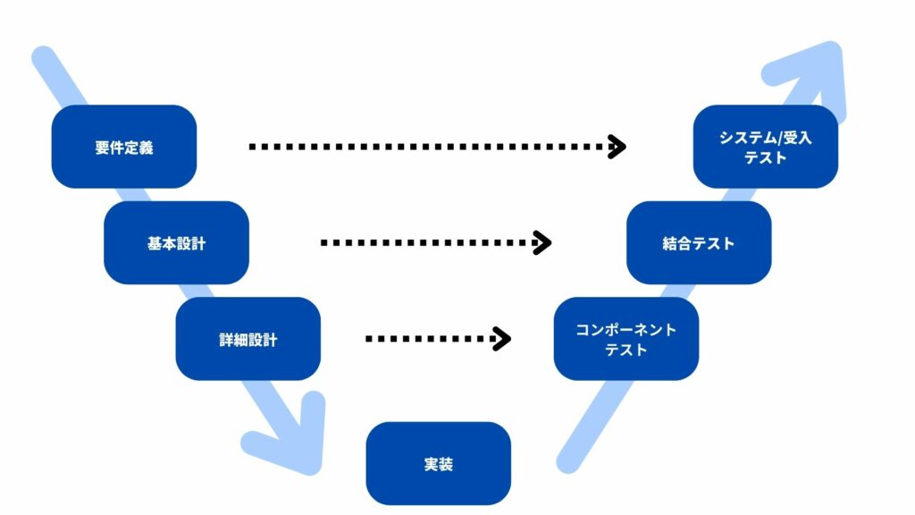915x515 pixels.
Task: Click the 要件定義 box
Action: (x=123, y=147)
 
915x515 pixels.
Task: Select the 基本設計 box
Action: (x=176, y=242)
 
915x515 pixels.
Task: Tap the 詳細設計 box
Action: (x=248, y=339)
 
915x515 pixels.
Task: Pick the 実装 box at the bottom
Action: (x=438, y=463)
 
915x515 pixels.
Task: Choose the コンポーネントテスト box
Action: (x=625, y=339)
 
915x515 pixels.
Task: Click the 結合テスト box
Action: (x=698, y=242)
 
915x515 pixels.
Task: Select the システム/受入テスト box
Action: (x=765, y=147)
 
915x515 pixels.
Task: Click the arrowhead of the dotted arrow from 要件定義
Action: (x=617, y=147)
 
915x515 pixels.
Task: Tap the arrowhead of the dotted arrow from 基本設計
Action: (x=541, y=242)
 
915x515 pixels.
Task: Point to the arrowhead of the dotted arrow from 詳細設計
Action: (x=502, y=339)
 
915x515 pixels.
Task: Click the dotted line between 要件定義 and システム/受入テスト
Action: (x=429, y=147)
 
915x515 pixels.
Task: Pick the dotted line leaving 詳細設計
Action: (x=429, y=339)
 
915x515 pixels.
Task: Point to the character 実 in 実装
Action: (x=431, y=464)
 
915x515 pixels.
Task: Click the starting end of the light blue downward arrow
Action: (x=43, y=58)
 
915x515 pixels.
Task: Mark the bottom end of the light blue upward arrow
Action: (x=567, y=461)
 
